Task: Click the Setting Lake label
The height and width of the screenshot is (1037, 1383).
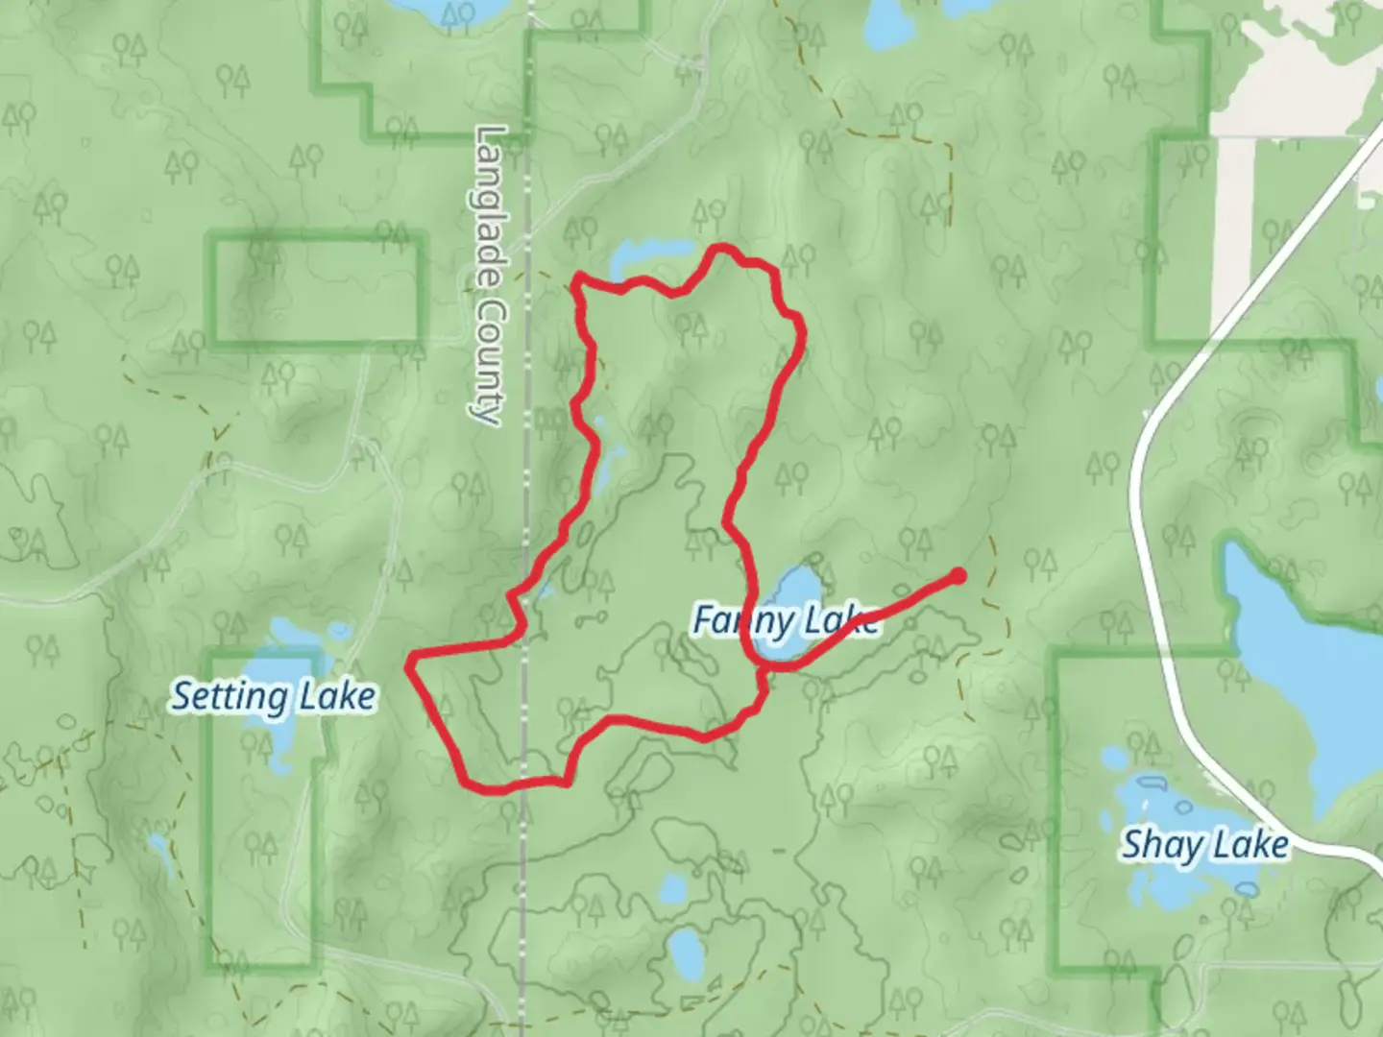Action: click(273, 697)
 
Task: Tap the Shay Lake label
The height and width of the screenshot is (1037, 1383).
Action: click(1204, 846)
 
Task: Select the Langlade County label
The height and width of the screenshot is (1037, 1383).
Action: click(490, 274)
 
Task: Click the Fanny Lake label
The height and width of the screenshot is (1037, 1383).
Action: click(785, 621)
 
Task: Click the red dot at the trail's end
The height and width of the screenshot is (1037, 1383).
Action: click(958, 576)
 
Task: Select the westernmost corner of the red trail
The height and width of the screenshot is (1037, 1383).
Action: click(411, 661)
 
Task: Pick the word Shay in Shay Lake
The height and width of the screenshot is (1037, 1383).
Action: click(1160, 846)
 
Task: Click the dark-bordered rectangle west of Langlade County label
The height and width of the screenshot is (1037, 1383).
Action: click(318, 288)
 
